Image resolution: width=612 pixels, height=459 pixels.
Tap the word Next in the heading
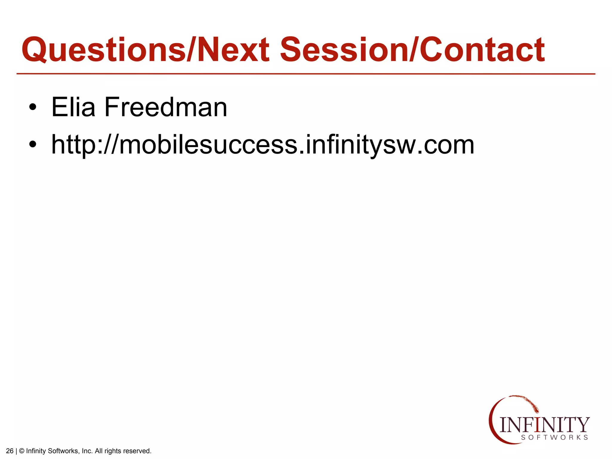(x=233, y=50)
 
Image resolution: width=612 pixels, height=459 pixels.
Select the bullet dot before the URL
(x=33, y=145)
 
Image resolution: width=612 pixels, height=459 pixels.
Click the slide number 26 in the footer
(x=10, y=451)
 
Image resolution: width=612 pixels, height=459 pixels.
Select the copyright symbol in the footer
(x=22, y=451)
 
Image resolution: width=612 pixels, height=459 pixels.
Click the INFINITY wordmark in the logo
(x=544, y=425)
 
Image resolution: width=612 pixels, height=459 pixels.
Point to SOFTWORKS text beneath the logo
(x=555, y=437)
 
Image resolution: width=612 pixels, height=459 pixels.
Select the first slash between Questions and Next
(x=192, y=50)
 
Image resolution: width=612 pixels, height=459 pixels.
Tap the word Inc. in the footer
(x=87, y=451)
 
